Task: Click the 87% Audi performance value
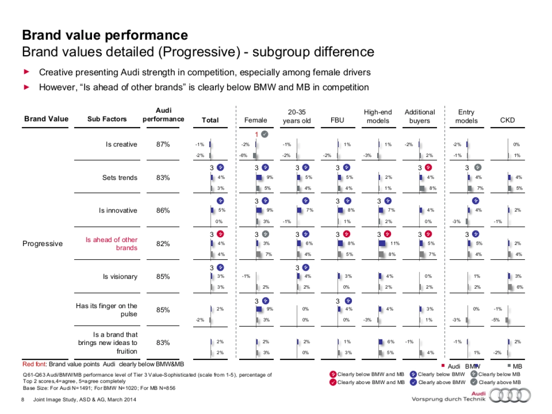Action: point(163,144)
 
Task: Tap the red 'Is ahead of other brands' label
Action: point(111,244)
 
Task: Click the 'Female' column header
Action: point(255,120)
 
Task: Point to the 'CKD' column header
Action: point(507,120)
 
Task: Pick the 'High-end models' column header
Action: point(378,116)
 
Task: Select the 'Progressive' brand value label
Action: point(42,244)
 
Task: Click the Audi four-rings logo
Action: point(510,396)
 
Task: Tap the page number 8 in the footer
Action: point(23,399)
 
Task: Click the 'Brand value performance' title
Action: point(105,35)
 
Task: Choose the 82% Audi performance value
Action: point(163,244)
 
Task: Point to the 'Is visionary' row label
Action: point(120,277)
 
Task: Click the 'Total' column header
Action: point(210,120)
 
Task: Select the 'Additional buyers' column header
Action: point(420,116)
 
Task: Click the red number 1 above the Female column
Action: point(257,134)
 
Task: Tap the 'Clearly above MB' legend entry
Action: point(499,382)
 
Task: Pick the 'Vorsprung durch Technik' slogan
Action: point(448,399)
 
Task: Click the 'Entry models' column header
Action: point(466,116)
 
